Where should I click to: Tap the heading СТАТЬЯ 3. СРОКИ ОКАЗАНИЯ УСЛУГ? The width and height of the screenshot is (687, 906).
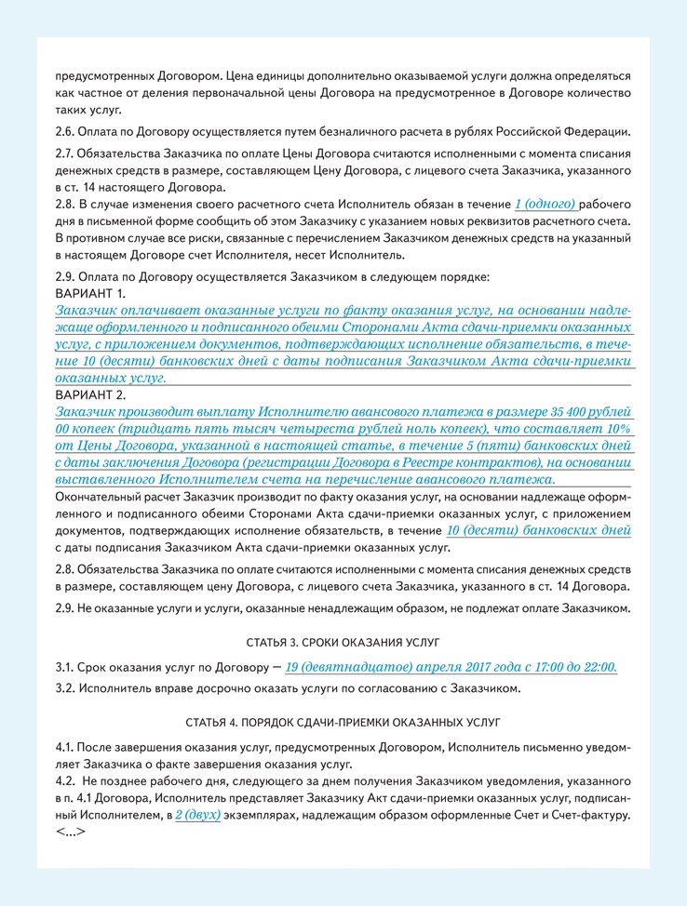343,642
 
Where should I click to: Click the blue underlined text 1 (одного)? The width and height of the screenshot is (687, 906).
546,204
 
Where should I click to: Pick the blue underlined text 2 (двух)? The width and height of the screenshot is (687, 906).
197,815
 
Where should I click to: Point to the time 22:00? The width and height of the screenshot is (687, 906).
599,668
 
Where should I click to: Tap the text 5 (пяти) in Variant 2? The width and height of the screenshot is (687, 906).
478,446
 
